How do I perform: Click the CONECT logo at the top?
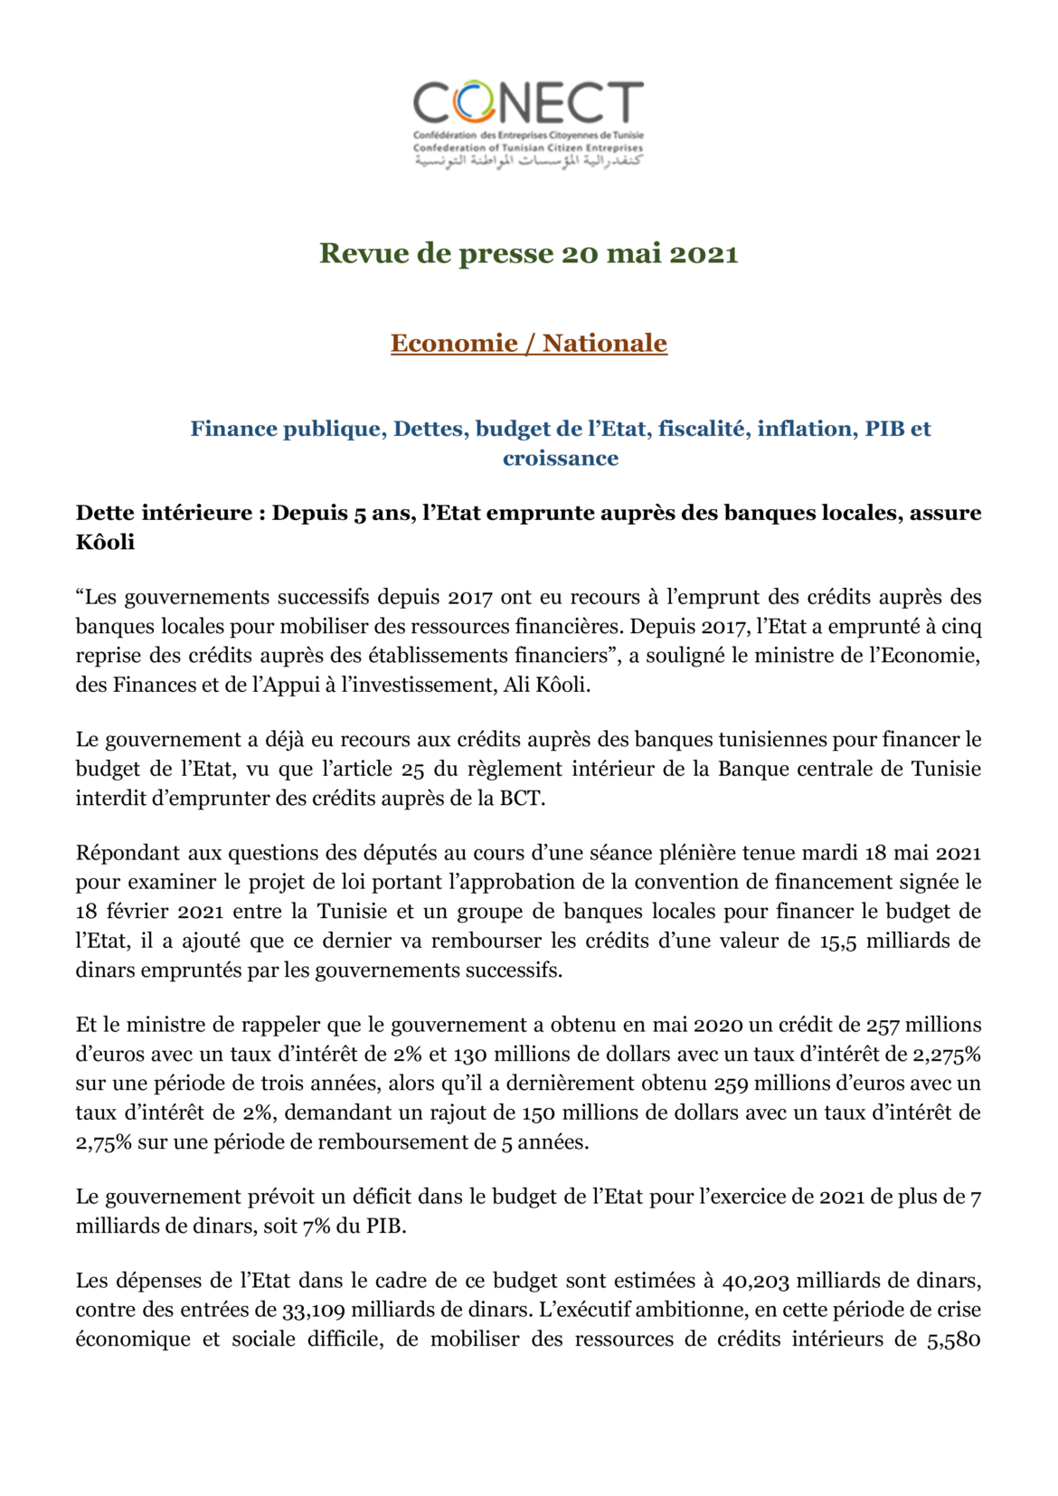528,104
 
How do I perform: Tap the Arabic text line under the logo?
528,161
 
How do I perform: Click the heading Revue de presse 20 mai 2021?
528,253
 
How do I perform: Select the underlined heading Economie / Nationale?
528,344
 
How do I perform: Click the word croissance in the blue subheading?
561,459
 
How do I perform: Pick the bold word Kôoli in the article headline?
105,543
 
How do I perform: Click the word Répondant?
127,853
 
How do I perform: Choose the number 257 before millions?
883,1026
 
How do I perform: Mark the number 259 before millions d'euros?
731,1084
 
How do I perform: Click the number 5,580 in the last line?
953,1340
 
